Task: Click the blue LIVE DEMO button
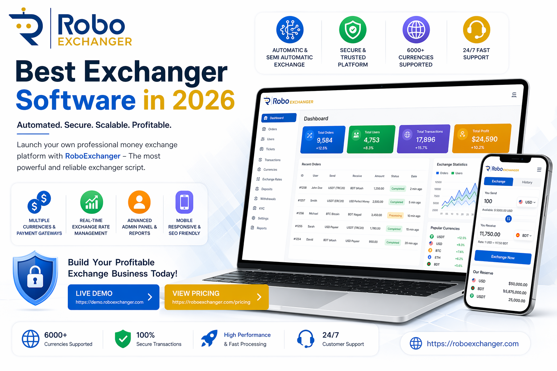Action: (114, 297)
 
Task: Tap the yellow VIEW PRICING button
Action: (216, 297)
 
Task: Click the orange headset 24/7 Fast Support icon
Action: (476, 30)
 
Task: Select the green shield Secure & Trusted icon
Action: (353, 30)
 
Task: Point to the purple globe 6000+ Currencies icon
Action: (416, 30)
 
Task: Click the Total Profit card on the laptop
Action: (482, 139)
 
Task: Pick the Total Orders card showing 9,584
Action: (322, 140)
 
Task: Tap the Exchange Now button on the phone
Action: (503, 257)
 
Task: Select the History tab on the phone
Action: (527, 182)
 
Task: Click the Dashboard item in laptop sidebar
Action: (278, 118)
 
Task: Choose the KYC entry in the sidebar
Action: (262, 208)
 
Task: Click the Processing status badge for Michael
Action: (395, 216)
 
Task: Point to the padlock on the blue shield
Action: (35, 277)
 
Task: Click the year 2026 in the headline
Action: (204, 100)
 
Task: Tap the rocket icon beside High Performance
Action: (210, 338)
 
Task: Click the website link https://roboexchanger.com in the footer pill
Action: (473, 343)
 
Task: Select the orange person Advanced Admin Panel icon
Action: (139, 202)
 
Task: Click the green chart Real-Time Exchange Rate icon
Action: (91, 202)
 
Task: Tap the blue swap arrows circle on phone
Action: (508, 219)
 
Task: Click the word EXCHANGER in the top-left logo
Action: (95, 42)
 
